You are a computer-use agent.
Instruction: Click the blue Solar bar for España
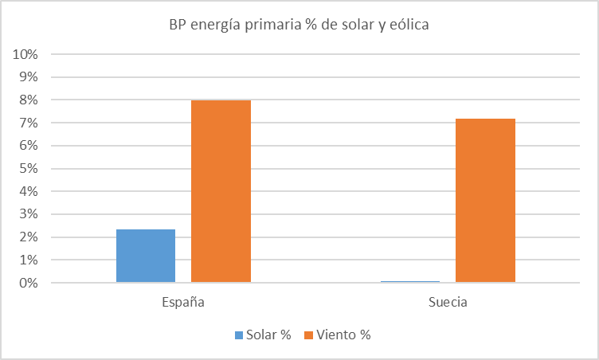[146, 256]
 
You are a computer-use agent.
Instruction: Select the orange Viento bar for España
[221, 191]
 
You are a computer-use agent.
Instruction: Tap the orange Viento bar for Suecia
[485, 201]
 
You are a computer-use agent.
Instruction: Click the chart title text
[299, 25]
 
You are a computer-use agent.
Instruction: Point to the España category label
[183, 303]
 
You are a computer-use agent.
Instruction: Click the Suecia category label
[448, 303]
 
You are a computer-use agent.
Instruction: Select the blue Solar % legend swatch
[240, 335]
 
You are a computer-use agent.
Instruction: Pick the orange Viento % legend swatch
[308, 335]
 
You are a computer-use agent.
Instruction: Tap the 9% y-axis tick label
[29, 77]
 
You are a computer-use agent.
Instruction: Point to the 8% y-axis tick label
[29, 100]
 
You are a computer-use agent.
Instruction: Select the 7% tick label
[29, 123]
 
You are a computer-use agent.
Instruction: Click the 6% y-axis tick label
[29, 146]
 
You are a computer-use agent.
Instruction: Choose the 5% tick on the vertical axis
[29, 169]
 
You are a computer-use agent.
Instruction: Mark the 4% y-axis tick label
[29, 192]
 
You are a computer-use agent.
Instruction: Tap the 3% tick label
[29, 214]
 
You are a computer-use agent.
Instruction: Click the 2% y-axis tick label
[29, 237]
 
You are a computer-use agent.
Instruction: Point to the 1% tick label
[29, 260]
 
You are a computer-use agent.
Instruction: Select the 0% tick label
[29, 284]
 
